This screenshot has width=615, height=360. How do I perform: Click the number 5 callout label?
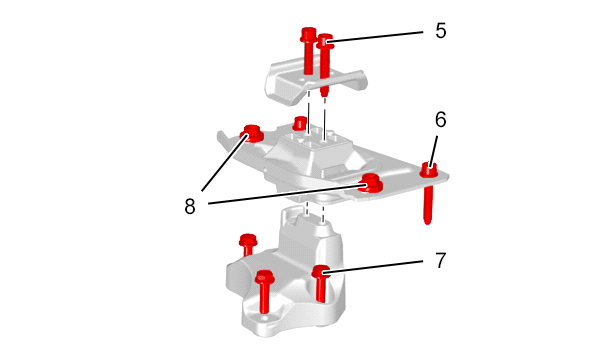[x=440, y=30]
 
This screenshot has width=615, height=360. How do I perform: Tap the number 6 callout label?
[x=440, y=120]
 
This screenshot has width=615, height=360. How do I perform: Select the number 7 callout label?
[x=441, y=260]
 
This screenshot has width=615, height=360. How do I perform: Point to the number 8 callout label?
[x=190, y=206]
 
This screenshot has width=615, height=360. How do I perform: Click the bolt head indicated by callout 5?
[x=325, y=41]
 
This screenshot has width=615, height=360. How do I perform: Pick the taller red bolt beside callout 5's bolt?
[x=308, y=51]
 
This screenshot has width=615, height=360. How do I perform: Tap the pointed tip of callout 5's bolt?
[x=324, y=94]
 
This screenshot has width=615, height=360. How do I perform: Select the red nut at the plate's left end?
[x=251, y=133]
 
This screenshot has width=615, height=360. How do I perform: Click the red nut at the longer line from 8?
[x=370, y=183]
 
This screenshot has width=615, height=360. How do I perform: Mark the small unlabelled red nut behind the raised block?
[x=300, y=123]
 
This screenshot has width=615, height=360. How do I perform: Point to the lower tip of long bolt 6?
[x=428, y=223]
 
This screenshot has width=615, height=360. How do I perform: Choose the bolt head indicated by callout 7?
[x=321, y=271]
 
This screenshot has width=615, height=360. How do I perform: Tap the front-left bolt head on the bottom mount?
[x=264, y=278]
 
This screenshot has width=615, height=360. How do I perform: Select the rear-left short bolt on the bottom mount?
[x=247, y=244]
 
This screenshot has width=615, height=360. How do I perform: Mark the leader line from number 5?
[x=377, y=35]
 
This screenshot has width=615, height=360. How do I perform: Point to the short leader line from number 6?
[x=434, y=152]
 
